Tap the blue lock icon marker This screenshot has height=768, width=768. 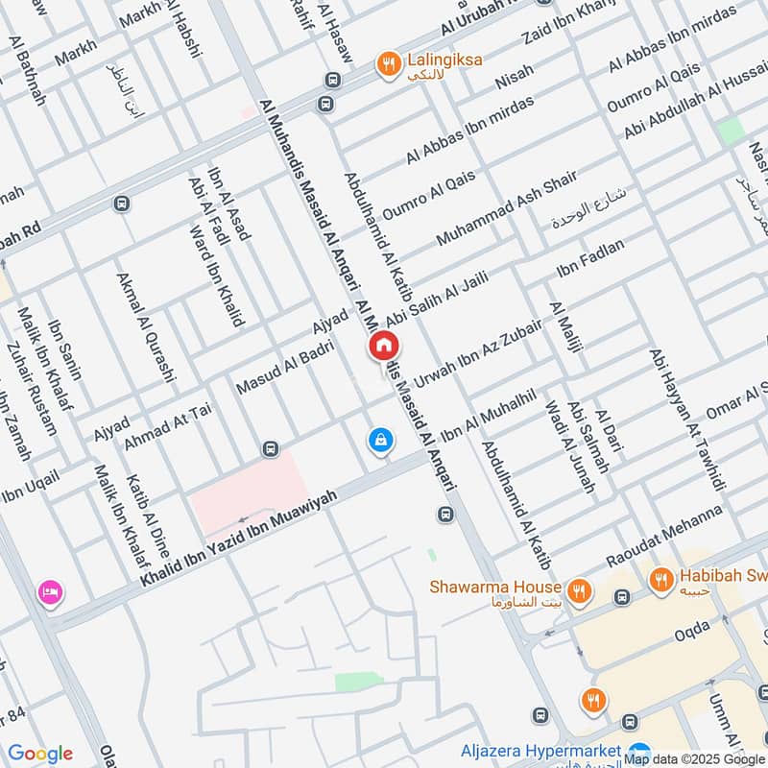[x=381, y=441]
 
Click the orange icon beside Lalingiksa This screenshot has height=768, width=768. [x=388, y=63]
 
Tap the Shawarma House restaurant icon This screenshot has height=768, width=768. [x=578, y=589]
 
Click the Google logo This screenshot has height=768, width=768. [x=39, y=754]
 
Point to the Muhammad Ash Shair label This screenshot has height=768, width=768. [x=506, y=207]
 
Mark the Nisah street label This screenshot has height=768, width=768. [x=514, y=77]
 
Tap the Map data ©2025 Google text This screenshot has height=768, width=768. [x=694, y=758]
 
